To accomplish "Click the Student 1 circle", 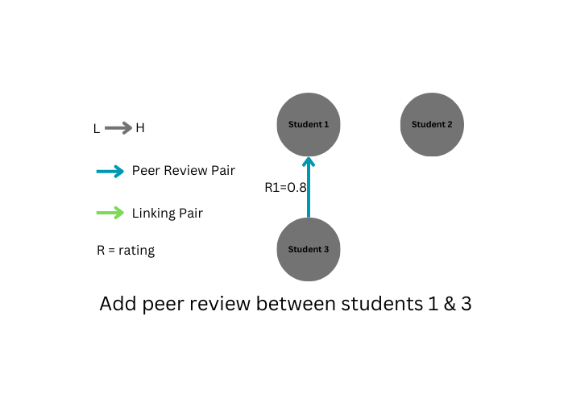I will (309, 124).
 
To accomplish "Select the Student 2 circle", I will (432, 124).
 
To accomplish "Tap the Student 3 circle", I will (309, 249).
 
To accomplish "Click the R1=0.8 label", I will (286, 187).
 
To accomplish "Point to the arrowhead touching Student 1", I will (309, 163).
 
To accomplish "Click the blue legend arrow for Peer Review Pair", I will (110, 171).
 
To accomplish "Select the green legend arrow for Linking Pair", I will (110, 214).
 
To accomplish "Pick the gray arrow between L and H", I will (118, 127).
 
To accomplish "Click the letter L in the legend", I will (97, 128).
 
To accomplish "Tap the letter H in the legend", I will (140, 127).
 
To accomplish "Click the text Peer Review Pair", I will (183, 171).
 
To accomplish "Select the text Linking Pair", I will (167, 214).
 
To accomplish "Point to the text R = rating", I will (126, 251).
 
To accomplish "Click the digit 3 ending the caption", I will (465, 305).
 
